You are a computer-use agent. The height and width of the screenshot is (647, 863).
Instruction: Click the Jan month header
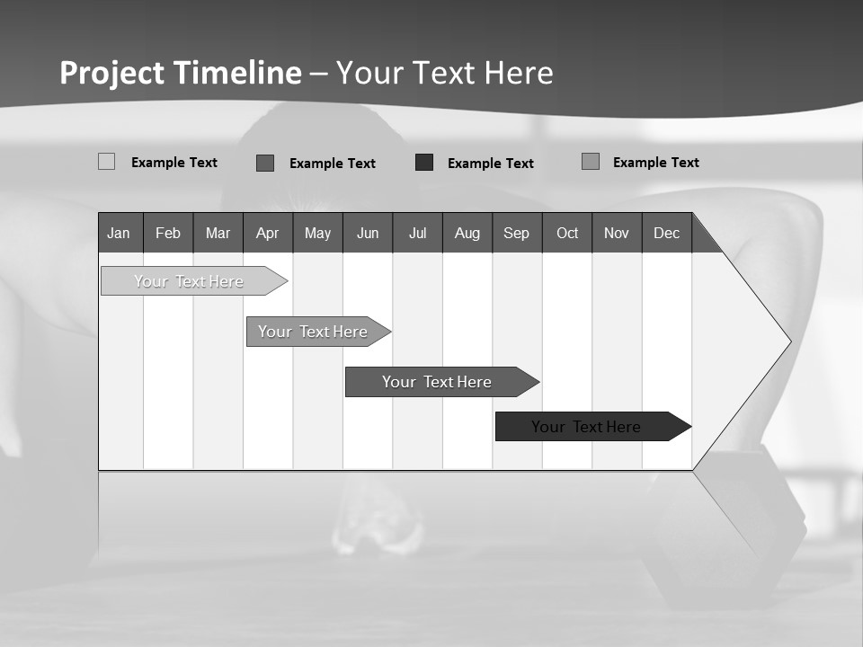pos(119,233)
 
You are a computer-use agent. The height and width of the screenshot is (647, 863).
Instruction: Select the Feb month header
pos(168,233)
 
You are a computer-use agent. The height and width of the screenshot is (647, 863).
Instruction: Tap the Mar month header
pos(218,233)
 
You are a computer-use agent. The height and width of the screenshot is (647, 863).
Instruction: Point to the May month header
pos(317,233)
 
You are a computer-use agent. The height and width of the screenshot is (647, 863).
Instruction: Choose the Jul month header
pos(417,233)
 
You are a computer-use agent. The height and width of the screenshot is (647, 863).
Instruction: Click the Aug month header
pos(467,233)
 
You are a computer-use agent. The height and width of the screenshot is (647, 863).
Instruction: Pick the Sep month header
pos(517,233)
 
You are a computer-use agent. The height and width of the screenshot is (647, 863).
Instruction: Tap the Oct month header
pos(567,233)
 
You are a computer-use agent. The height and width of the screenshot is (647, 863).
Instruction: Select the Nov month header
pos(617,233)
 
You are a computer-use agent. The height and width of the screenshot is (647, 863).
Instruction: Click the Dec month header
pos(667,233)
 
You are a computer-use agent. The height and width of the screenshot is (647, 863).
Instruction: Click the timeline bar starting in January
pos(189,281)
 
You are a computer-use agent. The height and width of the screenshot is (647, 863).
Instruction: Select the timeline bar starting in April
pos(313,332)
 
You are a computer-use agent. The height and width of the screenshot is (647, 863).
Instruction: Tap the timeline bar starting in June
pos(437,382)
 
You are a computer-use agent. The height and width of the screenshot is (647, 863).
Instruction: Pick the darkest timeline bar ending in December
pos(586,427)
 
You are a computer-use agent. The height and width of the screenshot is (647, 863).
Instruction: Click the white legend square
pos(107,162)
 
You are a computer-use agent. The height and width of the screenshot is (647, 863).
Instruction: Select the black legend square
pos(424,163)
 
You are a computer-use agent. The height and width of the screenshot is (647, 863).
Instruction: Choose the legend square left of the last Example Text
pos(591,162)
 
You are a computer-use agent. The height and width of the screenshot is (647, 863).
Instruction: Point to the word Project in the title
pos(112,73)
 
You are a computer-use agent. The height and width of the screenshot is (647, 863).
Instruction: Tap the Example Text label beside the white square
pos(174,163)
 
